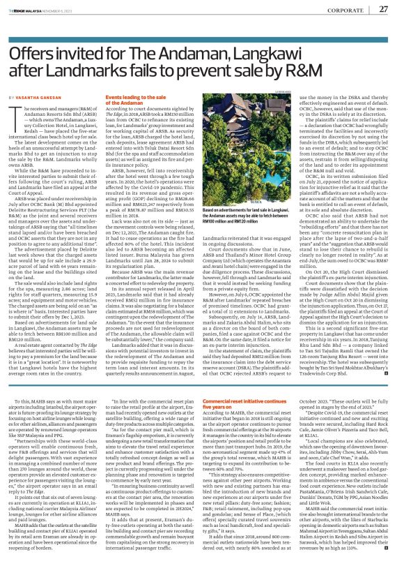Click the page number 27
(x=382, y=9)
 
